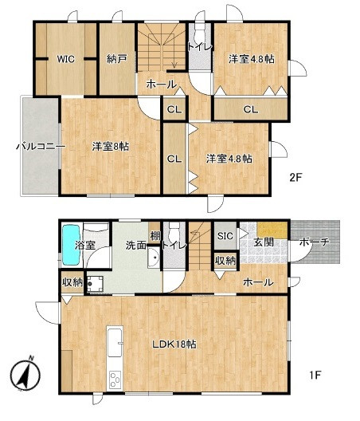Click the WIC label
pos(65,59)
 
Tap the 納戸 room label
pos(117,59)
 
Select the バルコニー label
pos(41,147)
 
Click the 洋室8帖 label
pos(111,147)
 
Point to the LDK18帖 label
pos(174,344)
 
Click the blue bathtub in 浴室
pos(71,245)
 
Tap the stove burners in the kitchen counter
pos(115,380)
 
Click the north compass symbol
pos(25,374)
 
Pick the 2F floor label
pos(295,178)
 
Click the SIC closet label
pos(225,236)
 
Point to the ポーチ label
pos(314,242)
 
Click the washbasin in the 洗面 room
pos(154,258)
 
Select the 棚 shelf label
pos(155,236)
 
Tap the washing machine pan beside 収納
pos(95,284)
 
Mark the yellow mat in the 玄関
pos(272,230)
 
